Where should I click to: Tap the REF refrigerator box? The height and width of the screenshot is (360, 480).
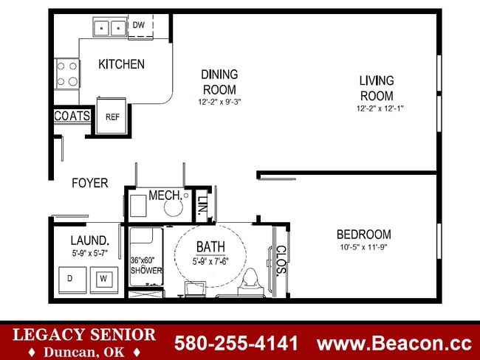(112, 116)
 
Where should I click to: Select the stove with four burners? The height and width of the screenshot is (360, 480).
(67, 74)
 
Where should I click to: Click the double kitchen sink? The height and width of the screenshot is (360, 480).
(110, 28)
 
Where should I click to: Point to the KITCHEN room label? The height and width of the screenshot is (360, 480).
(121, 64)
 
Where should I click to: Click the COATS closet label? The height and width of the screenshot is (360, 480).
(72, 117)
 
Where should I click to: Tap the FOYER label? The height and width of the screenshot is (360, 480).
(89, 183)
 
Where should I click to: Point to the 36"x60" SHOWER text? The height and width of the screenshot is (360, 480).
(146, 266)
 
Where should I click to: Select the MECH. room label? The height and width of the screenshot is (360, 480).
(165, 195)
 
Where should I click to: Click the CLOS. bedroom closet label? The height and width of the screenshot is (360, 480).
(281, 260)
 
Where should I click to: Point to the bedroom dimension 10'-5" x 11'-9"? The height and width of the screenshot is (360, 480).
(363, 247)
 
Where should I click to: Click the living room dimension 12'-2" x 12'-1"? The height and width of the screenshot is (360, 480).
(380, 108)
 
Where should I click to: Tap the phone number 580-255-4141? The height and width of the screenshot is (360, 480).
(236, 343)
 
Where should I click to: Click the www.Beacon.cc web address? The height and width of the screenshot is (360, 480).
(394, 343)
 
